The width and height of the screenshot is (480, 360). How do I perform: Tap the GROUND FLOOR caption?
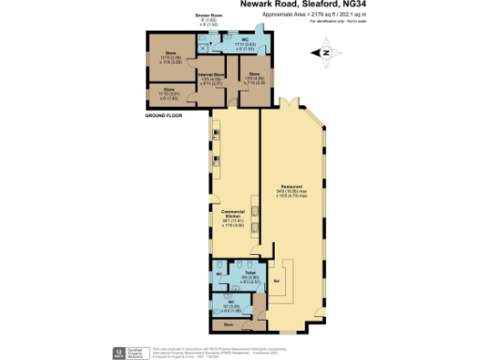coord(162,115)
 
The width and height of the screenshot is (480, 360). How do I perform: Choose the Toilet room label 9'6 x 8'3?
coord(251,275)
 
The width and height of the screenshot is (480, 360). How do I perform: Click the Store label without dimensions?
coord(229,325)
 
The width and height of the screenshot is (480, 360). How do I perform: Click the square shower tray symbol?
coord(205,46)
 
